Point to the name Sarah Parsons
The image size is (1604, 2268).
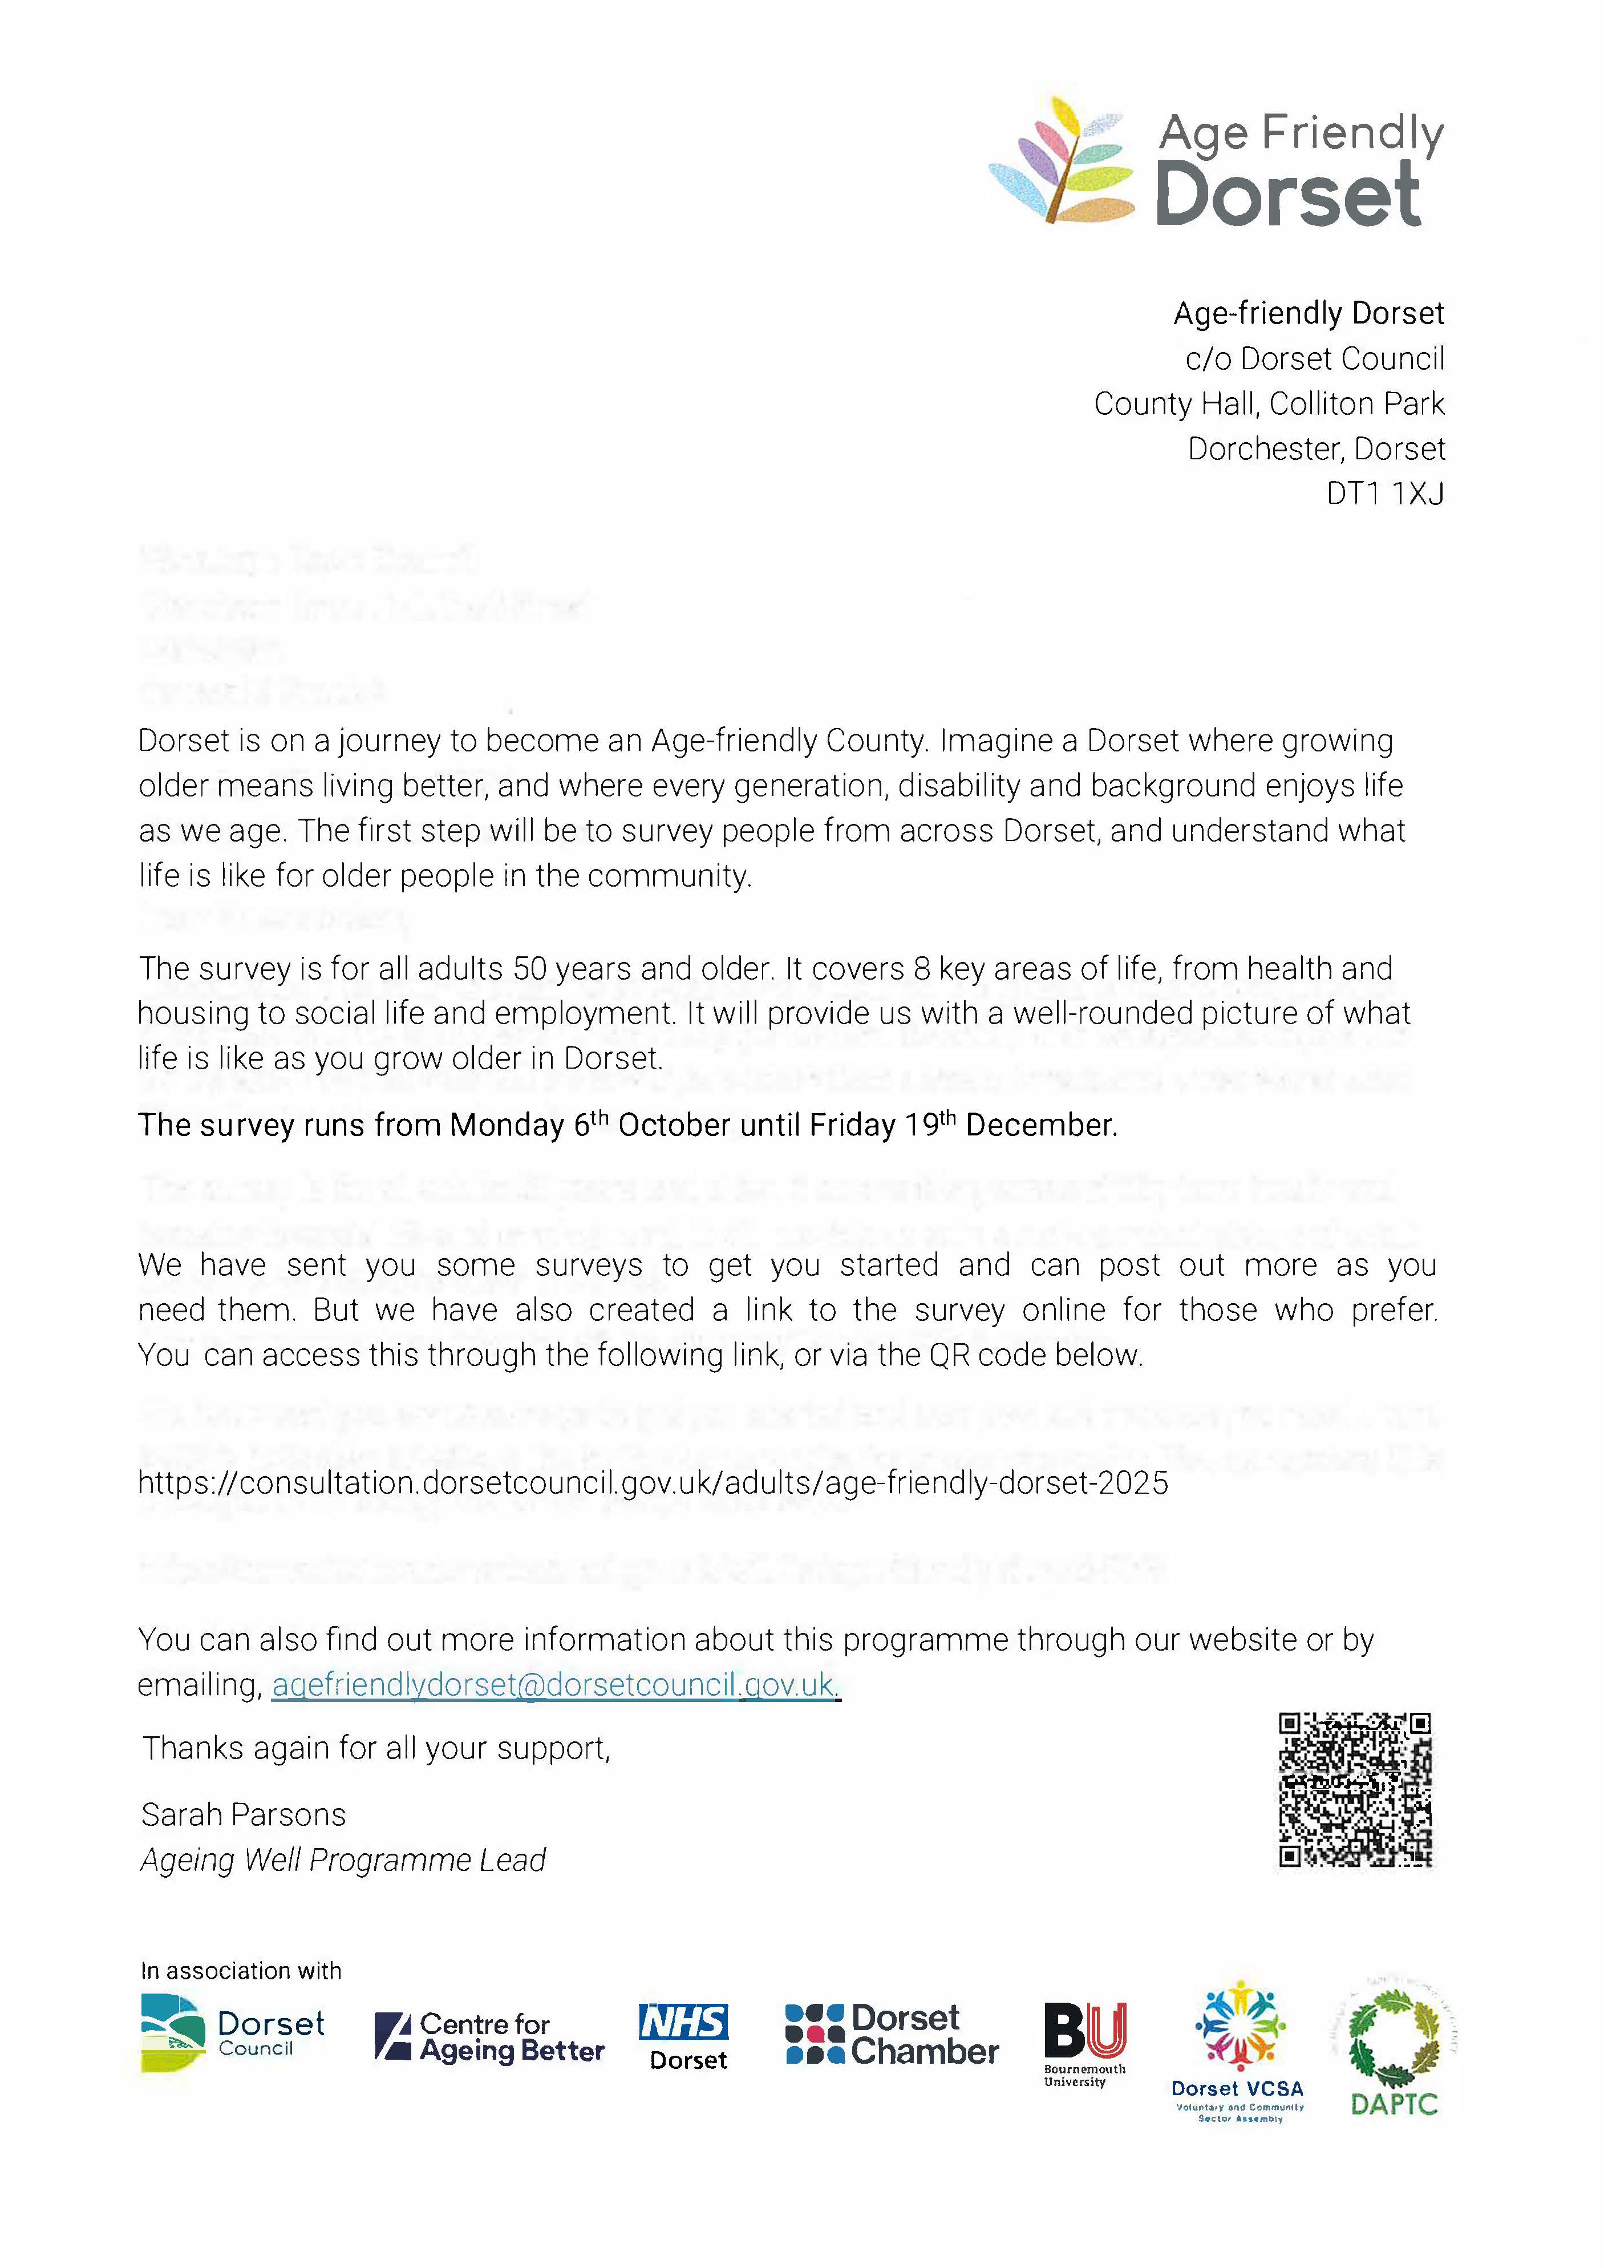pyautogui.click(x=244, y=1814)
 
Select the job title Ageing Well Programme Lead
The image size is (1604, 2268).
pyautogui.click(x=343, y=1860)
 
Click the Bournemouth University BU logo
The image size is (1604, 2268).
pyautogui.click(x=1084, y=2043)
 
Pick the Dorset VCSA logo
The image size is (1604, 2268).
pyautogui.click(x=1238, y=2049)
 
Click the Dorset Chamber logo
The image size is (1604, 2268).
pyautogui.click(x=891, y=2034)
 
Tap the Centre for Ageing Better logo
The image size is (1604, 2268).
pyautogui.click(x=489, y=2037)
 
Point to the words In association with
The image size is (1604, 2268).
pyautogui.click(x=241, y=1971)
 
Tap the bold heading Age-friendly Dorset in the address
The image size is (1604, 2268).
pyautogui.click(x=1308, y=313)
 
